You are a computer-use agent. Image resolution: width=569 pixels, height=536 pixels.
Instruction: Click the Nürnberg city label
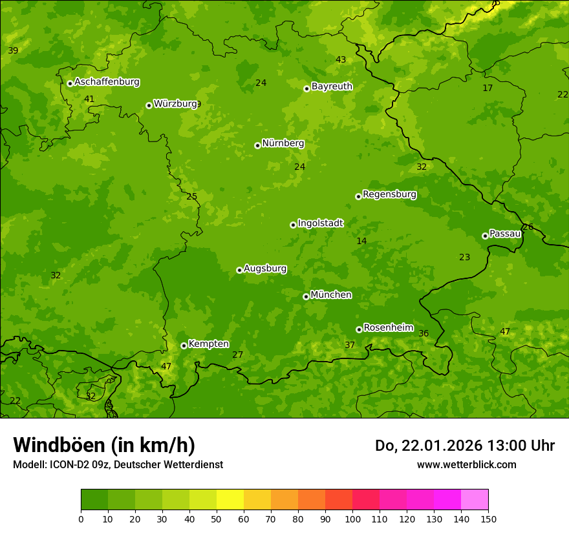click(x=283, y=143)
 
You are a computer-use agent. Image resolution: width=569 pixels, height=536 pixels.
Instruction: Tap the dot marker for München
click(x=306, y=296)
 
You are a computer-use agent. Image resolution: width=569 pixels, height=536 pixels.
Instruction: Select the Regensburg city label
click(x=389, y=194)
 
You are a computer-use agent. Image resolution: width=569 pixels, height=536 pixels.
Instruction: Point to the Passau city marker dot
click(x=485, y=236)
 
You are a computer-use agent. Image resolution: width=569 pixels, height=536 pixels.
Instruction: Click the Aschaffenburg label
click(x=107, y=82)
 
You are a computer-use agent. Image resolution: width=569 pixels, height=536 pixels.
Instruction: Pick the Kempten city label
click(x=208, y=344)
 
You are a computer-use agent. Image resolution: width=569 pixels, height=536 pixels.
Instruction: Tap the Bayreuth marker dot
click(x=306, y=88)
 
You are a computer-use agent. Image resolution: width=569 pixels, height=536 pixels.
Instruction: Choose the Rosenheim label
click(x=388, y=328)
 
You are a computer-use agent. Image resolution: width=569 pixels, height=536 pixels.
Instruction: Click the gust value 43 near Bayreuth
click(x=341, y=60)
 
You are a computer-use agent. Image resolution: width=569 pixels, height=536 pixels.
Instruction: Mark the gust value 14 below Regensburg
click(x=361, y=242)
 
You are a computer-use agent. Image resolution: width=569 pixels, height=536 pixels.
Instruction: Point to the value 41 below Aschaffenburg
click(x=89, y=99)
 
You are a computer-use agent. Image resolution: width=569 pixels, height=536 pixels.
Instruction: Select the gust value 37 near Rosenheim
click(x=350, y=345)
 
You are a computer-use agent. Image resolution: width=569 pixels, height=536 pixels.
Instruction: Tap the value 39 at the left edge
click(x=13, y=51)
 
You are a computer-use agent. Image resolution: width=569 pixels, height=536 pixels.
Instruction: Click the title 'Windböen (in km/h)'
click(x=104, y=445)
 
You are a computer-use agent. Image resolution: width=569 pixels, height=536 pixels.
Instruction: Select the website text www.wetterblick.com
click(x=466, y=464)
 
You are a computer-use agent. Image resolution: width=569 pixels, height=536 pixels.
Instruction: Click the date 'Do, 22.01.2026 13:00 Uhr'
click(x=464, y=446)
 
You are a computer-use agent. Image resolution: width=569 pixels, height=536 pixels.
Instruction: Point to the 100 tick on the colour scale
click(x=352, y=519)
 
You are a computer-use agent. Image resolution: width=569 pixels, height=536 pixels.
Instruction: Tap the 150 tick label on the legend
click(x=488, y=519)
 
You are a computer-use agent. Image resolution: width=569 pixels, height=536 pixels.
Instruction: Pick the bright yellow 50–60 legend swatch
click(x=230, y=500)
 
